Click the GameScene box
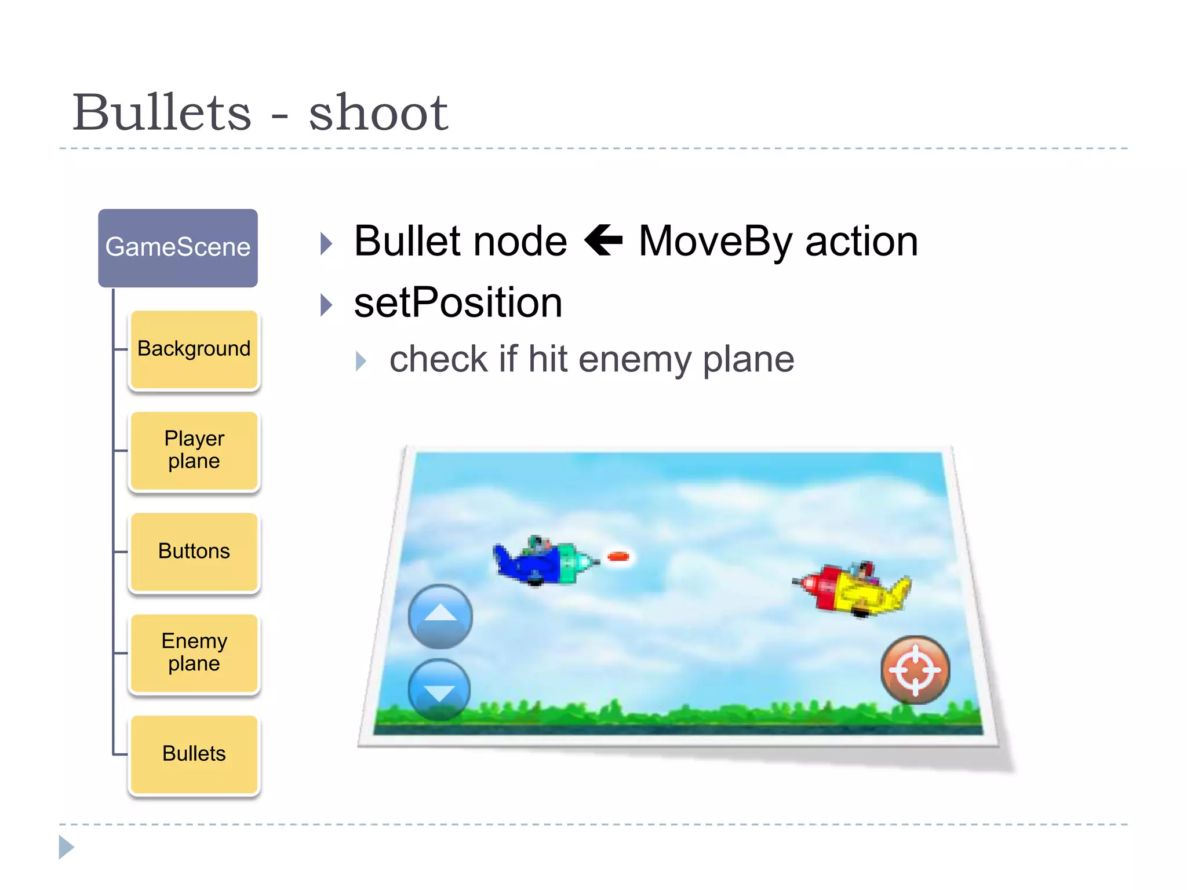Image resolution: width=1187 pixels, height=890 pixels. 178,247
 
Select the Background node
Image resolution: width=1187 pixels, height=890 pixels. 194,349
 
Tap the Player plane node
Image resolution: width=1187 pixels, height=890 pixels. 194,450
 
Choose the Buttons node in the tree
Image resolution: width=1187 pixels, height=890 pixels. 194,551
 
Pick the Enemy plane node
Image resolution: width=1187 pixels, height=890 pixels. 194,652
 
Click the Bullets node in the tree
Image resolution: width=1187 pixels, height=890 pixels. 194,754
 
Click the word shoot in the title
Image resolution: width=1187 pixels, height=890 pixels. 378,112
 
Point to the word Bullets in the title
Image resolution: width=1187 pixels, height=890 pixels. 162,112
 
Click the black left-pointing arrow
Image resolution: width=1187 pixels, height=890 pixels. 603,240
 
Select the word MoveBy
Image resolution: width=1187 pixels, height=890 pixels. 715,242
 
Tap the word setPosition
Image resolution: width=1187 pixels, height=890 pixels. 458,303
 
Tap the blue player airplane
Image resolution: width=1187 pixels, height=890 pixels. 543,560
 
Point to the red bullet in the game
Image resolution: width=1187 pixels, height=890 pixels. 618,557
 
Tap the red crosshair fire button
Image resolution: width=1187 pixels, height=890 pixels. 915,670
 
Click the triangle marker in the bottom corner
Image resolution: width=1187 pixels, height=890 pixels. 66,847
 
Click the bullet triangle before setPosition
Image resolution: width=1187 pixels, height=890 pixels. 327,305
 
